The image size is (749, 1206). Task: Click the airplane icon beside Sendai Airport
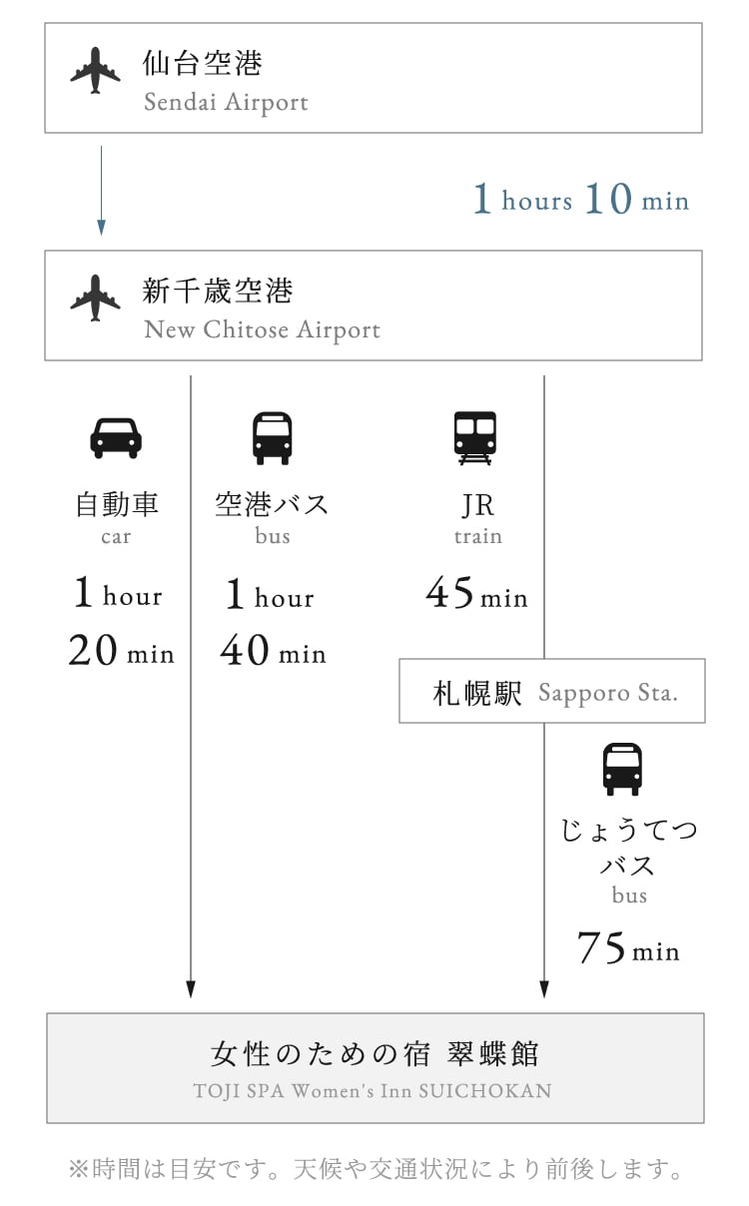coord(95,71)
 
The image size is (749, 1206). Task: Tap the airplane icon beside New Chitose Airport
coord(95,299)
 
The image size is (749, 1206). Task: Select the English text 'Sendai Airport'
coord(226,102)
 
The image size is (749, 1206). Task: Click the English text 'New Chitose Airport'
coord(263,330)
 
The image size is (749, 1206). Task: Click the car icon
coord(116,438)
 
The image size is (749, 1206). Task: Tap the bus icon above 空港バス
coord(273,438)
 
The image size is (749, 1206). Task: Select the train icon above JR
coord(475,438)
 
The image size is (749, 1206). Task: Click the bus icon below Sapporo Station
coord(622,770)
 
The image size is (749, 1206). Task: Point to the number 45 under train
coord(449,592)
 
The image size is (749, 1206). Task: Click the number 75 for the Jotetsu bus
coord(601,946)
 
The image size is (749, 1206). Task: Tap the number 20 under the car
coord(93,650)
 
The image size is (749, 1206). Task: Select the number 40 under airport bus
coord(245,650)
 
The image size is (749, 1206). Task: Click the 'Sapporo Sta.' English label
coord(608,693)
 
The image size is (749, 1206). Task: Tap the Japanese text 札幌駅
coord(477,693)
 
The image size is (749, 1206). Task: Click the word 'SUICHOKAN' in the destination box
coord(485,1091)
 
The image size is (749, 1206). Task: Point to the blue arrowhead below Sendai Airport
coord(101,228)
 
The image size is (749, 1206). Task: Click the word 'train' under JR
coord(478,536)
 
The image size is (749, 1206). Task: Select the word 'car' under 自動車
coord(116,537)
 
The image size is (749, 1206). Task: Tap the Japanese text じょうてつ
coord(629,830)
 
